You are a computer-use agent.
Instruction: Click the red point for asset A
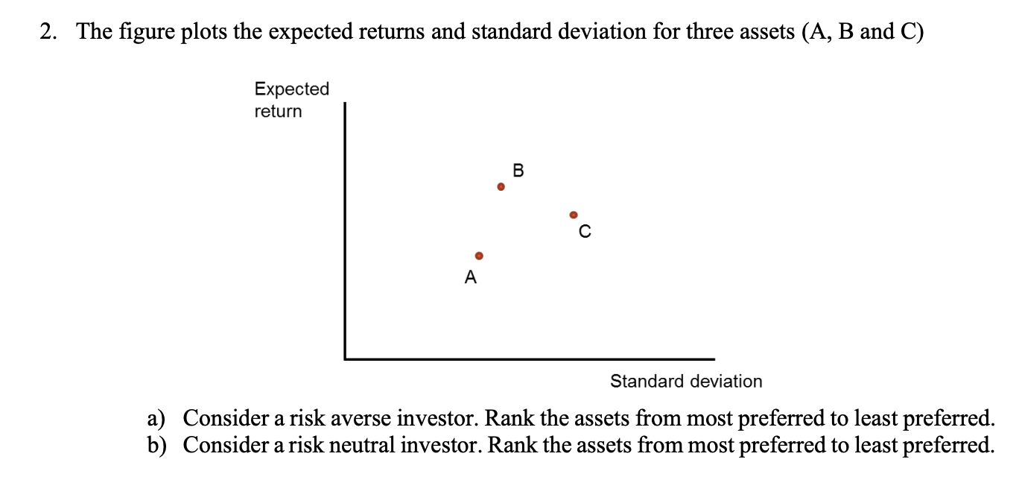(x=480, y=256)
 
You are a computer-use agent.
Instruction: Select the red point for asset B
(x=501, y=187)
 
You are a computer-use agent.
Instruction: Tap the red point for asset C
(x=573, y=215)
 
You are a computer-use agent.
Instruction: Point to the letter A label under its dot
(x=470, y=278)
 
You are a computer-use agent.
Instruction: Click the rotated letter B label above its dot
(x=519, y=171)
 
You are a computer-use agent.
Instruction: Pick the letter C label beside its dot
(x=585, y=232)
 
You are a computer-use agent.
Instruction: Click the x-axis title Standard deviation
(x=686, y=382)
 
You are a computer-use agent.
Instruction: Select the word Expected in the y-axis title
(x=291, y=89)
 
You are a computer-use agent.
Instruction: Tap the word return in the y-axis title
(x=278, y=112)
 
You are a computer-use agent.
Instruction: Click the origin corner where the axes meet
(x=345, y=358)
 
